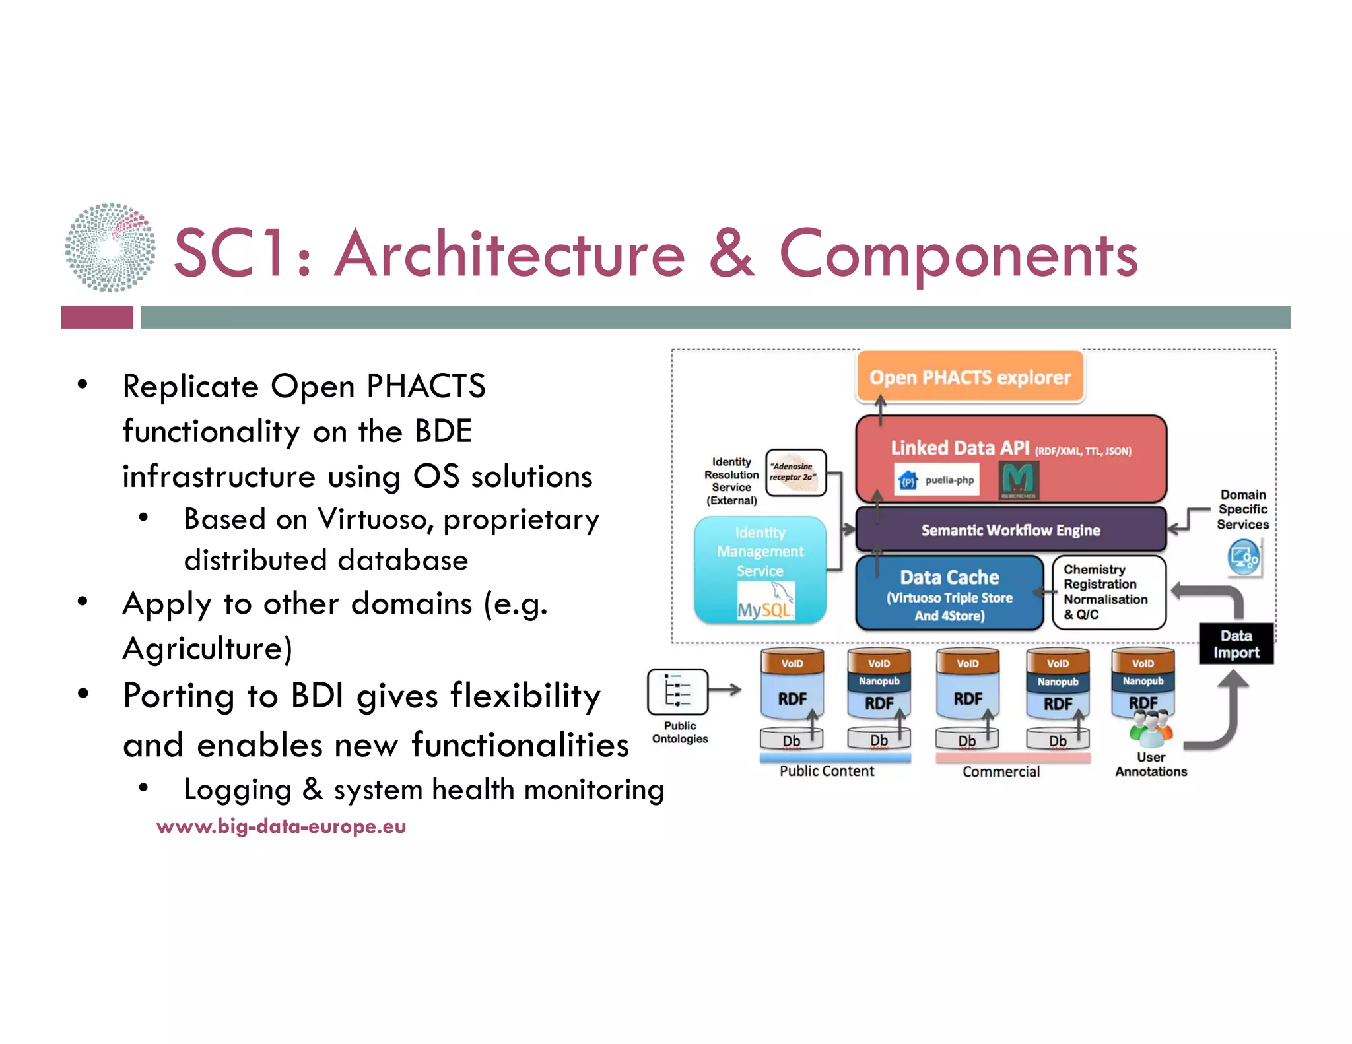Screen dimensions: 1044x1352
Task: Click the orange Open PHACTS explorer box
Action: click(969, 377)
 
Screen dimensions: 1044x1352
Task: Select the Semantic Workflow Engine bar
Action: click(1010, 530)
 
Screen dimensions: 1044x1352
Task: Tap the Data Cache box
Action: click(949, 593)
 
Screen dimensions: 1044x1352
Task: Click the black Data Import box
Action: click(1236, 644)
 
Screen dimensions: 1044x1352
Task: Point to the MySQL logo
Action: click(764, 604)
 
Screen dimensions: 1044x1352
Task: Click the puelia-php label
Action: click(949, 480)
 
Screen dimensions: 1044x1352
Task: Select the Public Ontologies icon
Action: click(677, 692)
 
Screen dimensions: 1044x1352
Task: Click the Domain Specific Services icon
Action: click(1244, 558)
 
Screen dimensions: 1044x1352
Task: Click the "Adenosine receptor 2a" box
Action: click(795, 473)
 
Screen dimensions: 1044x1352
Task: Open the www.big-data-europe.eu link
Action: click(281, 826)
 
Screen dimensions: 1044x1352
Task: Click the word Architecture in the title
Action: click(510, 254)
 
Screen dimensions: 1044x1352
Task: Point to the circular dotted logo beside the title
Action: click(110, 247)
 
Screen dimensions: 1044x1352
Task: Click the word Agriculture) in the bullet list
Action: click(207, 648)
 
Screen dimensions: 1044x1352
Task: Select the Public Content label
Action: click(827, 771)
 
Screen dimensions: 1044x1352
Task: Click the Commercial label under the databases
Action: click(1001, 771)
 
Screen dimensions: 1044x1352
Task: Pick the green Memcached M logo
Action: click(1019, 479)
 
